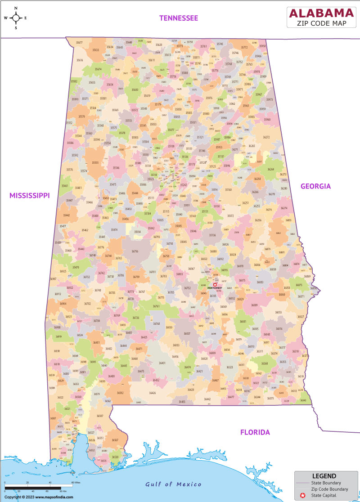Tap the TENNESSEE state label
pos(179,18)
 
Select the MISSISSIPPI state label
pos(29,195)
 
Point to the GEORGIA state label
pos(315,186)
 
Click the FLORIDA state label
pos(255,432)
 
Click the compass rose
pos(16,18)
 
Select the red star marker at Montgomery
pos(215,285)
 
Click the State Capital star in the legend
pos(303,495)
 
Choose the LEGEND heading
pos(324,476)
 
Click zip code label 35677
pos(79,43)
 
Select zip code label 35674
pos(98,69)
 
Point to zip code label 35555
pos(95,162)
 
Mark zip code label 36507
pos(100,416)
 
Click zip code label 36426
pos(153,393)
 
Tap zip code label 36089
pos(254,305)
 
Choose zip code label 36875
pos(298,285)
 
